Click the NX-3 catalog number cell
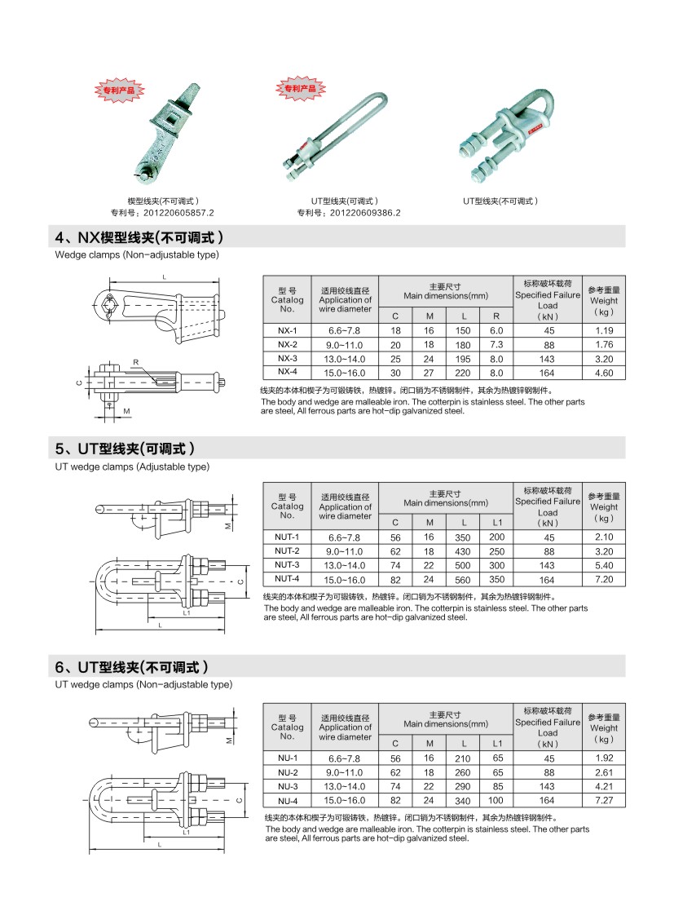[287, 358]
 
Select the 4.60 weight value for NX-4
[603, 373]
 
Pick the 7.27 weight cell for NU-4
[604, 801]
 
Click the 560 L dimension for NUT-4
[464, 579]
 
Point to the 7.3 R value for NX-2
[496, 344]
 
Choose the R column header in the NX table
[496, 316]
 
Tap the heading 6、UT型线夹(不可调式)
[132, 666]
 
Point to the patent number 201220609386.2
[349, 213]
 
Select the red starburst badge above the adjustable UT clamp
[300, 87]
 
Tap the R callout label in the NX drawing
[136, 361]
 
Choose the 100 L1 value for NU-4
[496, 801]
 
